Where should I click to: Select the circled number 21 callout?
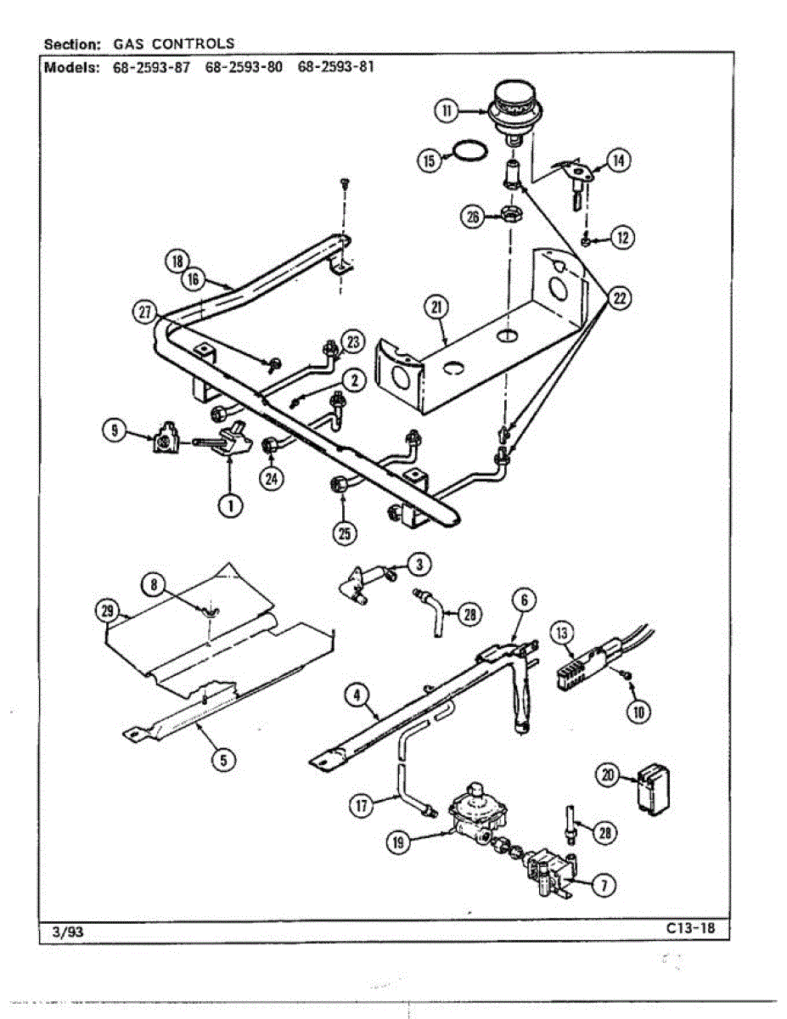(437, 309)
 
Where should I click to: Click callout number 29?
(106, 609)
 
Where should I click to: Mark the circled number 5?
(223, 760)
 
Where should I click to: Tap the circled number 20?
(607, 776)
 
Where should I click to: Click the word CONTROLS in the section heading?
(193, 44)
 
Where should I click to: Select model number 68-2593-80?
(245, 67)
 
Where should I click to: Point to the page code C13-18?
(690, 928)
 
